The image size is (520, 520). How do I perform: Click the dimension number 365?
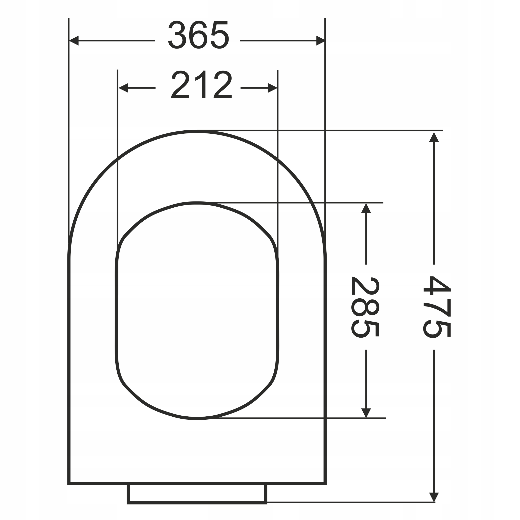(x=198, y=35)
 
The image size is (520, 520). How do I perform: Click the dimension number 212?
(x=201, y=84)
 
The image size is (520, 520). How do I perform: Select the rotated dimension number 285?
(x=365, y=307)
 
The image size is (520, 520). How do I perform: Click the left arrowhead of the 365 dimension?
(x=74, y=41)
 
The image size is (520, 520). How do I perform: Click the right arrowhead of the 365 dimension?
(x=320, y=41)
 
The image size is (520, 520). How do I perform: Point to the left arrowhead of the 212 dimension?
(x=123, y=88)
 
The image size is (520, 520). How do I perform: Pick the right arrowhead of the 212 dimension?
(x=272, y=88)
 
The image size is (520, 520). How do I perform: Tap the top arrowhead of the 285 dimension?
(x=366, y=209)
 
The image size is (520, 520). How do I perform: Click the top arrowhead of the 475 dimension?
(x=434, y=137)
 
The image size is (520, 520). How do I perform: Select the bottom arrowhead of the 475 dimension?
(x=434, y=504)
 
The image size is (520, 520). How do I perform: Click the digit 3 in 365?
(x=177, y=35)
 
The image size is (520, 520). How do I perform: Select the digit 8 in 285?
(x=365, y=307)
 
